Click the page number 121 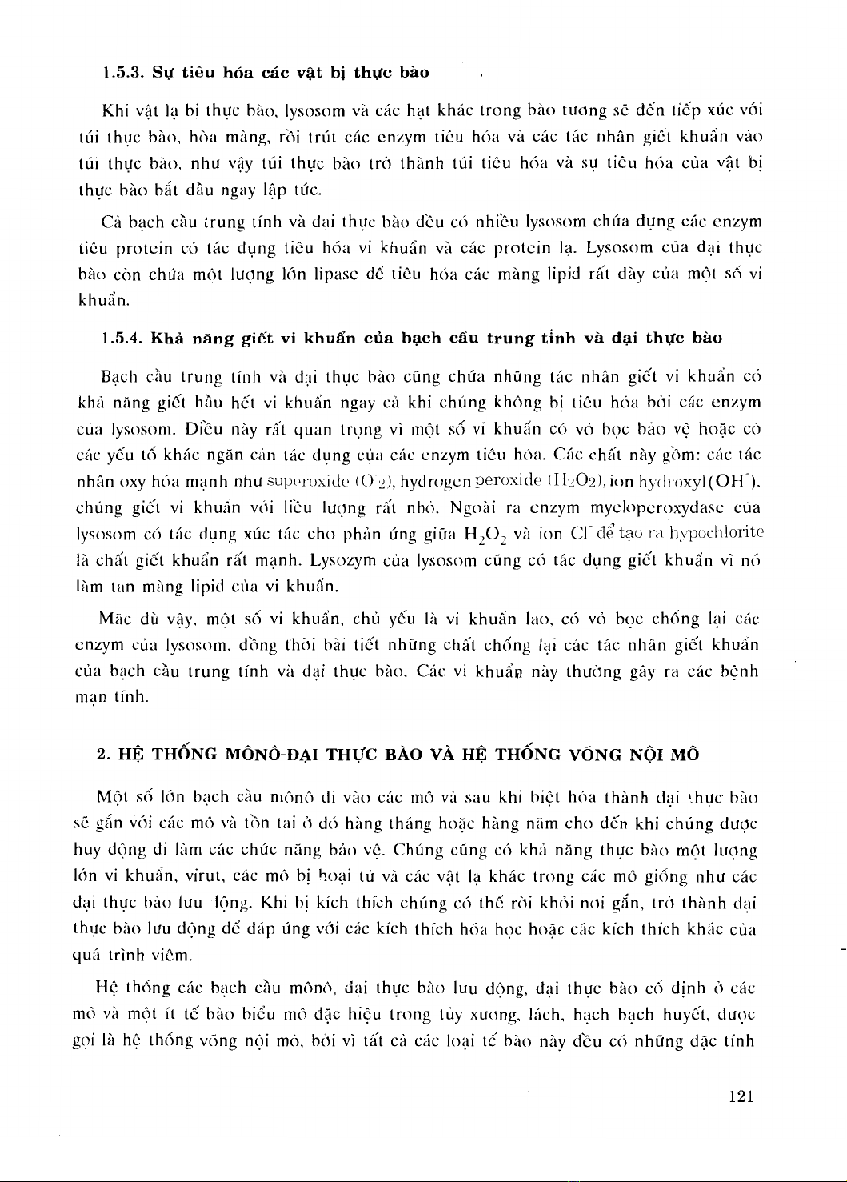tap(742, 1097)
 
